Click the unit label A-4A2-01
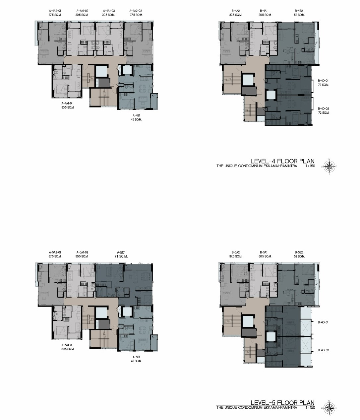pos(55,11)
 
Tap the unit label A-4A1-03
pos(109,11)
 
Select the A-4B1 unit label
pos(136,115)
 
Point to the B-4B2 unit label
pos(299,11)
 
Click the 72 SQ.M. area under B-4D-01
pos(324,85)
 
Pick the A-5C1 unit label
pos(121,252)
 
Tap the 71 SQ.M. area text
pos(121,256)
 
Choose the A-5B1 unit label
pos(136,357)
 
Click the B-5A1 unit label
pos(264,252)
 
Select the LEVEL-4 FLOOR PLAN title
pos(282,161)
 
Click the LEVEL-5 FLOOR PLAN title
pos(282,402)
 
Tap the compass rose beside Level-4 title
pos(329,167)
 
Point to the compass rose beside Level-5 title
pos(329,408)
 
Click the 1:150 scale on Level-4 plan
pos(310,166)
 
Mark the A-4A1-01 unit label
pos(67,104)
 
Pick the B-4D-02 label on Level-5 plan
pos(323,350)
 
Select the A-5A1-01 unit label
pos(67,345)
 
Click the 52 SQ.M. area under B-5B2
pos(299,256)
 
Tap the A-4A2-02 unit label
pos(136,11)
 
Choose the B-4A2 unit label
pos(236,11)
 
